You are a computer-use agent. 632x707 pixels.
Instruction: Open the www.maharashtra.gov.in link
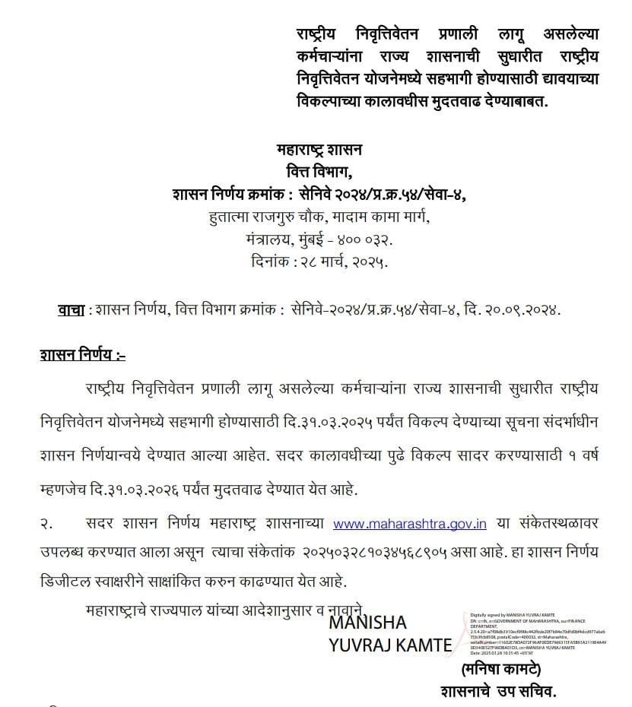[x=410, y=523]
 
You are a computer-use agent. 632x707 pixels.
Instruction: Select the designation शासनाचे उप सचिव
[x=499, y=692]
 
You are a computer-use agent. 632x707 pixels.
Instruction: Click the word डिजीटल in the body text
[x=68, y=581]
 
